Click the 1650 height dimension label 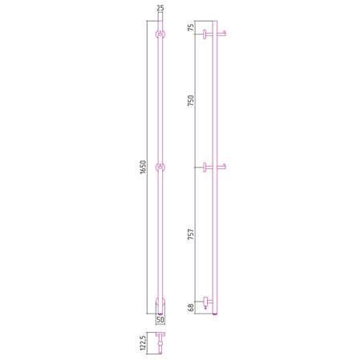[x=143, y=167]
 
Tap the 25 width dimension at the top [x=160, y=8]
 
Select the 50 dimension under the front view [x=160, y=320]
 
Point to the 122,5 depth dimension [x=143, y=343]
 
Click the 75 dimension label [x=191, y=27]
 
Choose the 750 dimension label [x=191, y=100]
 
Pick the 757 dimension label [x=191, y=234]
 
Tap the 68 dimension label [x=191, y=307]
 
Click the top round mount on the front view [x=160, y=34]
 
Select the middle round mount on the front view [x=160, y=168]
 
